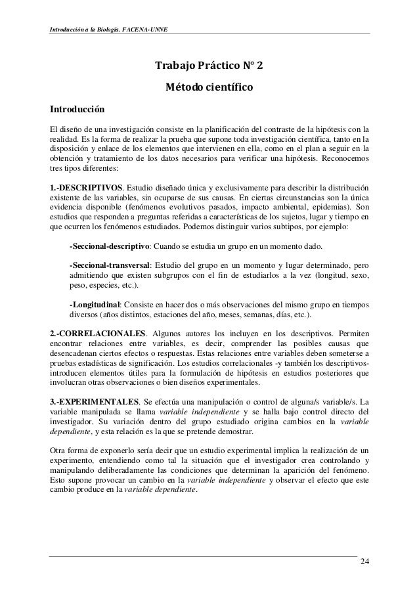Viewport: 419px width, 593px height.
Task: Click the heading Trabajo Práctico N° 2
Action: (x=209, y=66)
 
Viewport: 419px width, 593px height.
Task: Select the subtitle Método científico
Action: (x=209, y=87)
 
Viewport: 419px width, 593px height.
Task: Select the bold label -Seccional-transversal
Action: (x=110, y=265)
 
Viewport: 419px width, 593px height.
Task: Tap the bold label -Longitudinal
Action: (x=97, y=304)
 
